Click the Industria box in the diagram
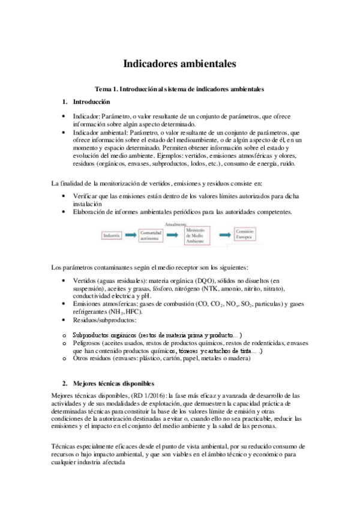(x=112, y=236)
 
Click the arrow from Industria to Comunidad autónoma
(x=130, y=236)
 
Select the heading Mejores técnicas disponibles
(x=113, y=383)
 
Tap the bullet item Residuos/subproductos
(x=103, y=321)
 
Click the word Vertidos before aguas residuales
(x=84, y=280)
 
